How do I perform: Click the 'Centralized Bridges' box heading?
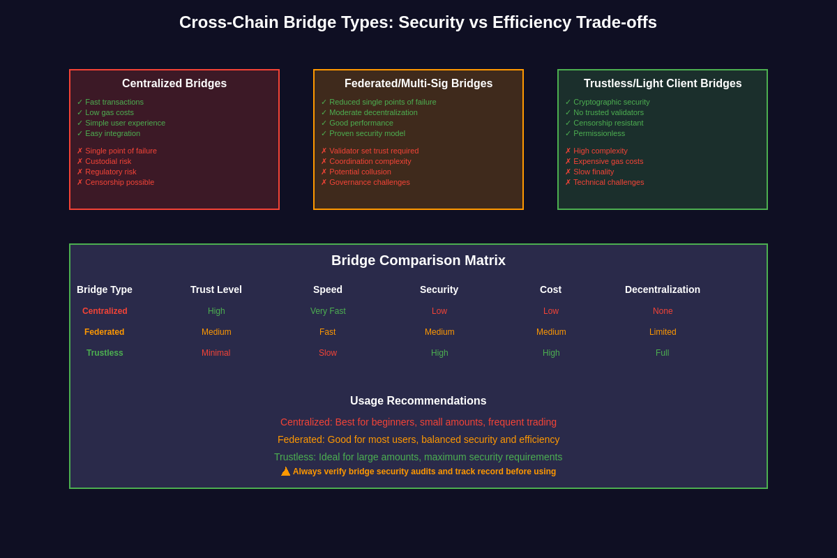click(174, 84)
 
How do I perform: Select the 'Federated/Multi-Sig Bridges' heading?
click(418, 84)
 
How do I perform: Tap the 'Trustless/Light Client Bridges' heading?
click(663, 84)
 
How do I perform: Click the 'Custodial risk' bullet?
click(107, 161)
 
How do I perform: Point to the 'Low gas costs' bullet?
click(109, 112)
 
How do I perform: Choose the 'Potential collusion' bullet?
click(360, 172)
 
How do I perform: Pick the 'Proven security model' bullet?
click(367, 133)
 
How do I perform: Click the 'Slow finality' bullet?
click(594, 172)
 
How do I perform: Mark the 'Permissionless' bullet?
click(599, 133)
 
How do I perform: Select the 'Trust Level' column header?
click(216, 289)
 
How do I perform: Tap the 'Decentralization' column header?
click(663, 289)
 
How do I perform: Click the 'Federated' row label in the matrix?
click(105, 332)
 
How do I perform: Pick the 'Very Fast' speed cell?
click(328, 311)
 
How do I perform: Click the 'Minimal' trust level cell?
click(216, 353)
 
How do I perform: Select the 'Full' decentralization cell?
click(663, 353)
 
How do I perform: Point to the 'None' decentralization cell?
click(663, 311)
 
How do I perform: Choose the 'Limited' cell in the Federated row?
click(663, 332)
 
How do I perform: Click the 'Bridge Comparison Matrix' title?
click(418, 261)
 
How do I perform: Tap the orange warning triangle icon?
click(286, 472)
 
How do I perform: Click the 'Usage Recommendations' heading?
click(418, 401)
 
